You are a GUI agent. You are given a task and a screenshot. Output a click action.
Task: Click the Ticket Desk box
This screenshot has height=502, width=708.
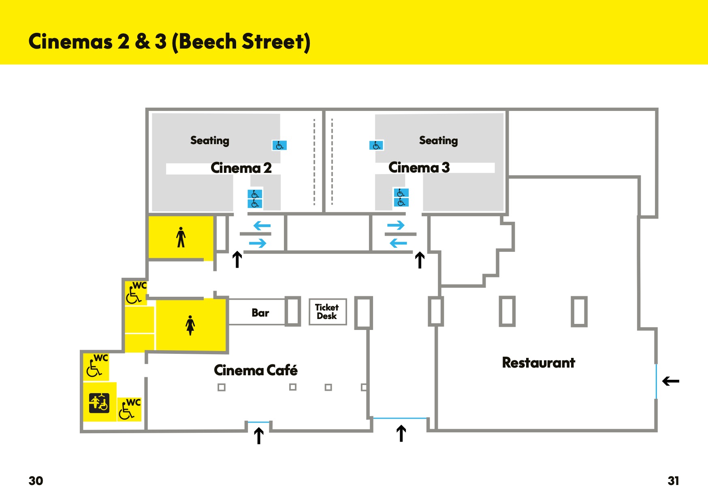[x=328, y=312]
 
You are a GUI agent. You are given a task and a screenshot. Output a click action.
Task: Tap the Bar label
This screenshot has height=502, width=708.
[x=260, y=313]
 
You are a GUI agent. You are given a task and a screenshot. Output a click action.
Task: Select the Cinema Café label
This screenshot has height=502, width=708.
[x=256, y=370]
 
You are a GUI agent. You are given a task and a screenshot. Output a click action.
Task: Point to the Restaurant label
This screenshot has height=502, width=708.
[x=538, y=363]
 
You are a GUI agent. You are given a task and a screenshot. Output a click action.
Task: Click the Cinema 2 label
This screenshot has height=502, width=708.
[x=241, y=168]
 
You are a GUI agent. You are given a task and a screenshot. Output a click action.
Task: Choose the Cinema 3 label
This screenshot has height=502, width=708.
[x=419, y=168]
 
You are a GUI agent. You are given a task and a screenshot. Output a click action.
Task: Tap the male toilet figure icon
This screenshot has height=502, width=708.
[x=181, y=237]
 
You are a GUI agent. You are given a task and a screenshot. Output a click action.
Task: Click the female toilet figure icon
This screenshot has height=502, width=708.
[x=190, y=325]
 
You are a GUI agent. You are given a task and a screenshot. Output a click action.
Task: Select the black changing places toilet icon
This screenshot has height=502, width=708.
[x=99, y=402]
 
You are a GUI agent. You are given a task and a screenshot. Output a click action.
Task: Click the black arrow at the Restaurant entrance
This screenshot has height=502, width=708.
[x=671, y=381]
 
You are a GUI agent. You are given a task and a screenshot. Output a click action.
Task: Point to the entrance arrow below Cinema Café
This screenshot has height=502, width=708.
[x=259, y=436]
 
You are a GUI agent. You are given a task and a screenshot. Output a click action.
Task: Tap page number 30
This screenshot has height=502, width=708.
[x=36, y=481]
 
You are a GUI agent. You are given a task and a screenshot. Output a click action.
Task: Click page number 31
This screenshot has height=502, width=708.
[x=673, y=481]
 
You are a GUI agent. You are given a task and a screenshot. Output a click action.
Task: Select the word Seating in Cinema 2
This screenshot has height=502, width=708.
[x=210, y=140]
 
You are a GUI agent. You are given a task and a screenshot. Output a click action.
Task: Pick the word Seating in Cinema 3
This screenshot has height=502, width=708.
[x=439, y=140]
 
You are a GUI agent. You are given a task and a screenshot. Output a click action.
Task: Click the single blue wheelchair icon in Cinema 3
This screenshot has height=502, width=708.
[x=376, y=145]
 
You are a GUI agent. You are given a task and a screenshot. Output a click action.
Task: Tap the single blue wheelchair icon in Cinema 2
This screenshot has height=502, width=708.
[x=279, y=145]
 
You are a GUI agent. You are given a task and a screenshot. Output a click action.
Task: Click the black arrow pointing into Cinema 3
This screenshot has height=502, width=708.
[x=420, y=260]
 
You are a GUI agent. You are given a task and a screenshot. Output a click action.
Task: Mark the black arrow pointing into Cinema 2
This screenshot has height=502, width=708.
[x=237, y=260]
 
